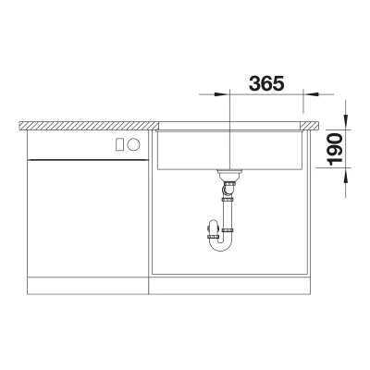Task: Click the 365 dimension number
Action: [x=266, y=83]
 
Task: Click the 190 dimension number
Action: [x=335, y=149]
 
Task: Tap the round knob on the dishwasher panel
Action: [x=133, y=144]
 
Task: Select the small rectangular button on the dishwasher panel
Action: [x=119, y=144]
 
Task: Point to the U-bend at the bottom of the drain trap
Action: [x=221, y=244]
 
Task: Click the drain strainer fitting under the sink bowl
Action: [x=228, y=175]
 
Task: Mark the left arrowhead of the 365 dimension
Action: [x=221, y=93]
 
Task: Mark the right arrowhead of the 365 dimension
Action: [x=312, y=93]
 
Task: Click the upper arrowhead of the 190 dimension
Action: [x=346, y=122]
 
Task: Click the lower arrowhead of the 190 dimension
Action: [x=346, y=176]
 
